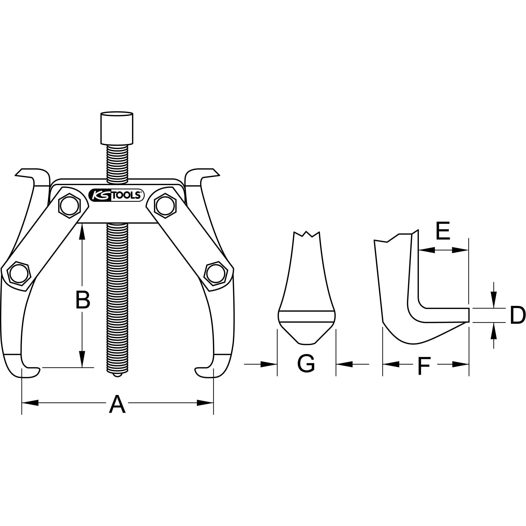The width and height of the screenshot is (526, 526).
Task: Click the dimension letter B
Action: (83, 301)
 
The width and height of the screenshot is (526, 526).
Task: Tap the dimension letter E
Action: (443, 231)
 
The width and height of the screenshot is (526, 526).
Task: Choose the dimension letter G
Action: (306, 364)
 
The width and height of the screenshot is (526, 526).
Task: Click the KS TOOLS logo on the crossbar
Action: (116, 195)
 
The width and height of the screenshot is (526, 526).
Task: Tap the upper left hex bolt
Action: (70, 206)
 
